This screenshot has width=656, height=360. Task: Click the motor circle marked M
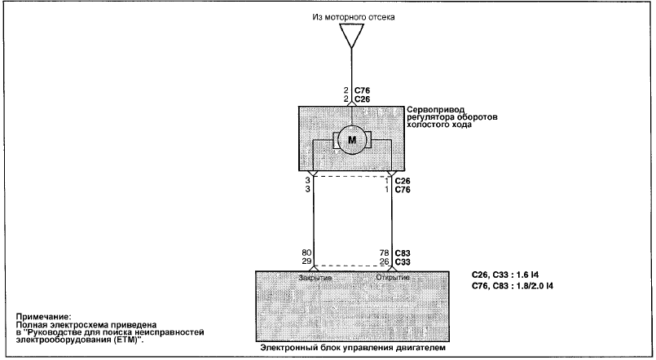click(352, 140)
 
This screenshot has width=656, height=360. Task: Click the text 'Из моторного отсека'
click(354, 17)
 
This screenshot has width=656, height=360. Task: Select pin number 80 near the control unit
click(306, 253)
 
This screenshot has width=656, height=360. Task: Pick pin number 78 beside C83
click(384, 253)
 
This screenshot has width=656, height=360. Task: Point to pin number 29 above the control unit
click(306, 261)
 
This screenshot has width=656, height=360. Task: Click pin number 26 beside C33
click(384, 261)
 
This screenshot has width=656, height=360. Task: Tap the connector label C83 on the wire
click(403, 253)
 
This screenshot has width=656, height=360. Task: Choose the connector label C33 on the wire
click(403, 261)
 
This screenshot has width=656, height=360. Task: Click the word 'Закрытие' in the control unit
click(315, 278)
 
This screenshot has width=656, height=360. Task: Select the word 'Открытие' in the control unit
click(393, 277)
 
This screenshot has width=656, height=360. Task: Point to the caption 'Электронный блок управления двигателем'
click(353, 348)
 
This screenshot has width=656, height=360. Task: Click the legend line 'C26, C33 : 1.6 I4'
click(505, 275)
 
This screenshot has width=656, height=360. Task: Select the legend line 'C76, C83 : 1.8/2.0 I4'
click(512, 286)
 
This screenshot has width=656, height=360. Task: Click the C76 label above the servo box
click(363, 90)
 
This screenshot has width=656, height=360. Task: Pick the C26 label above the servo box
click(363, 99)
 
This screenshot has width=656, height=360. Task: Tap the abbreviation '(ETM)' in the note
click(128, 340)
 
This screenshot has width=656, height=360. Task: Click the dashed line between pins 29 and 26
click(353, 266)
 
